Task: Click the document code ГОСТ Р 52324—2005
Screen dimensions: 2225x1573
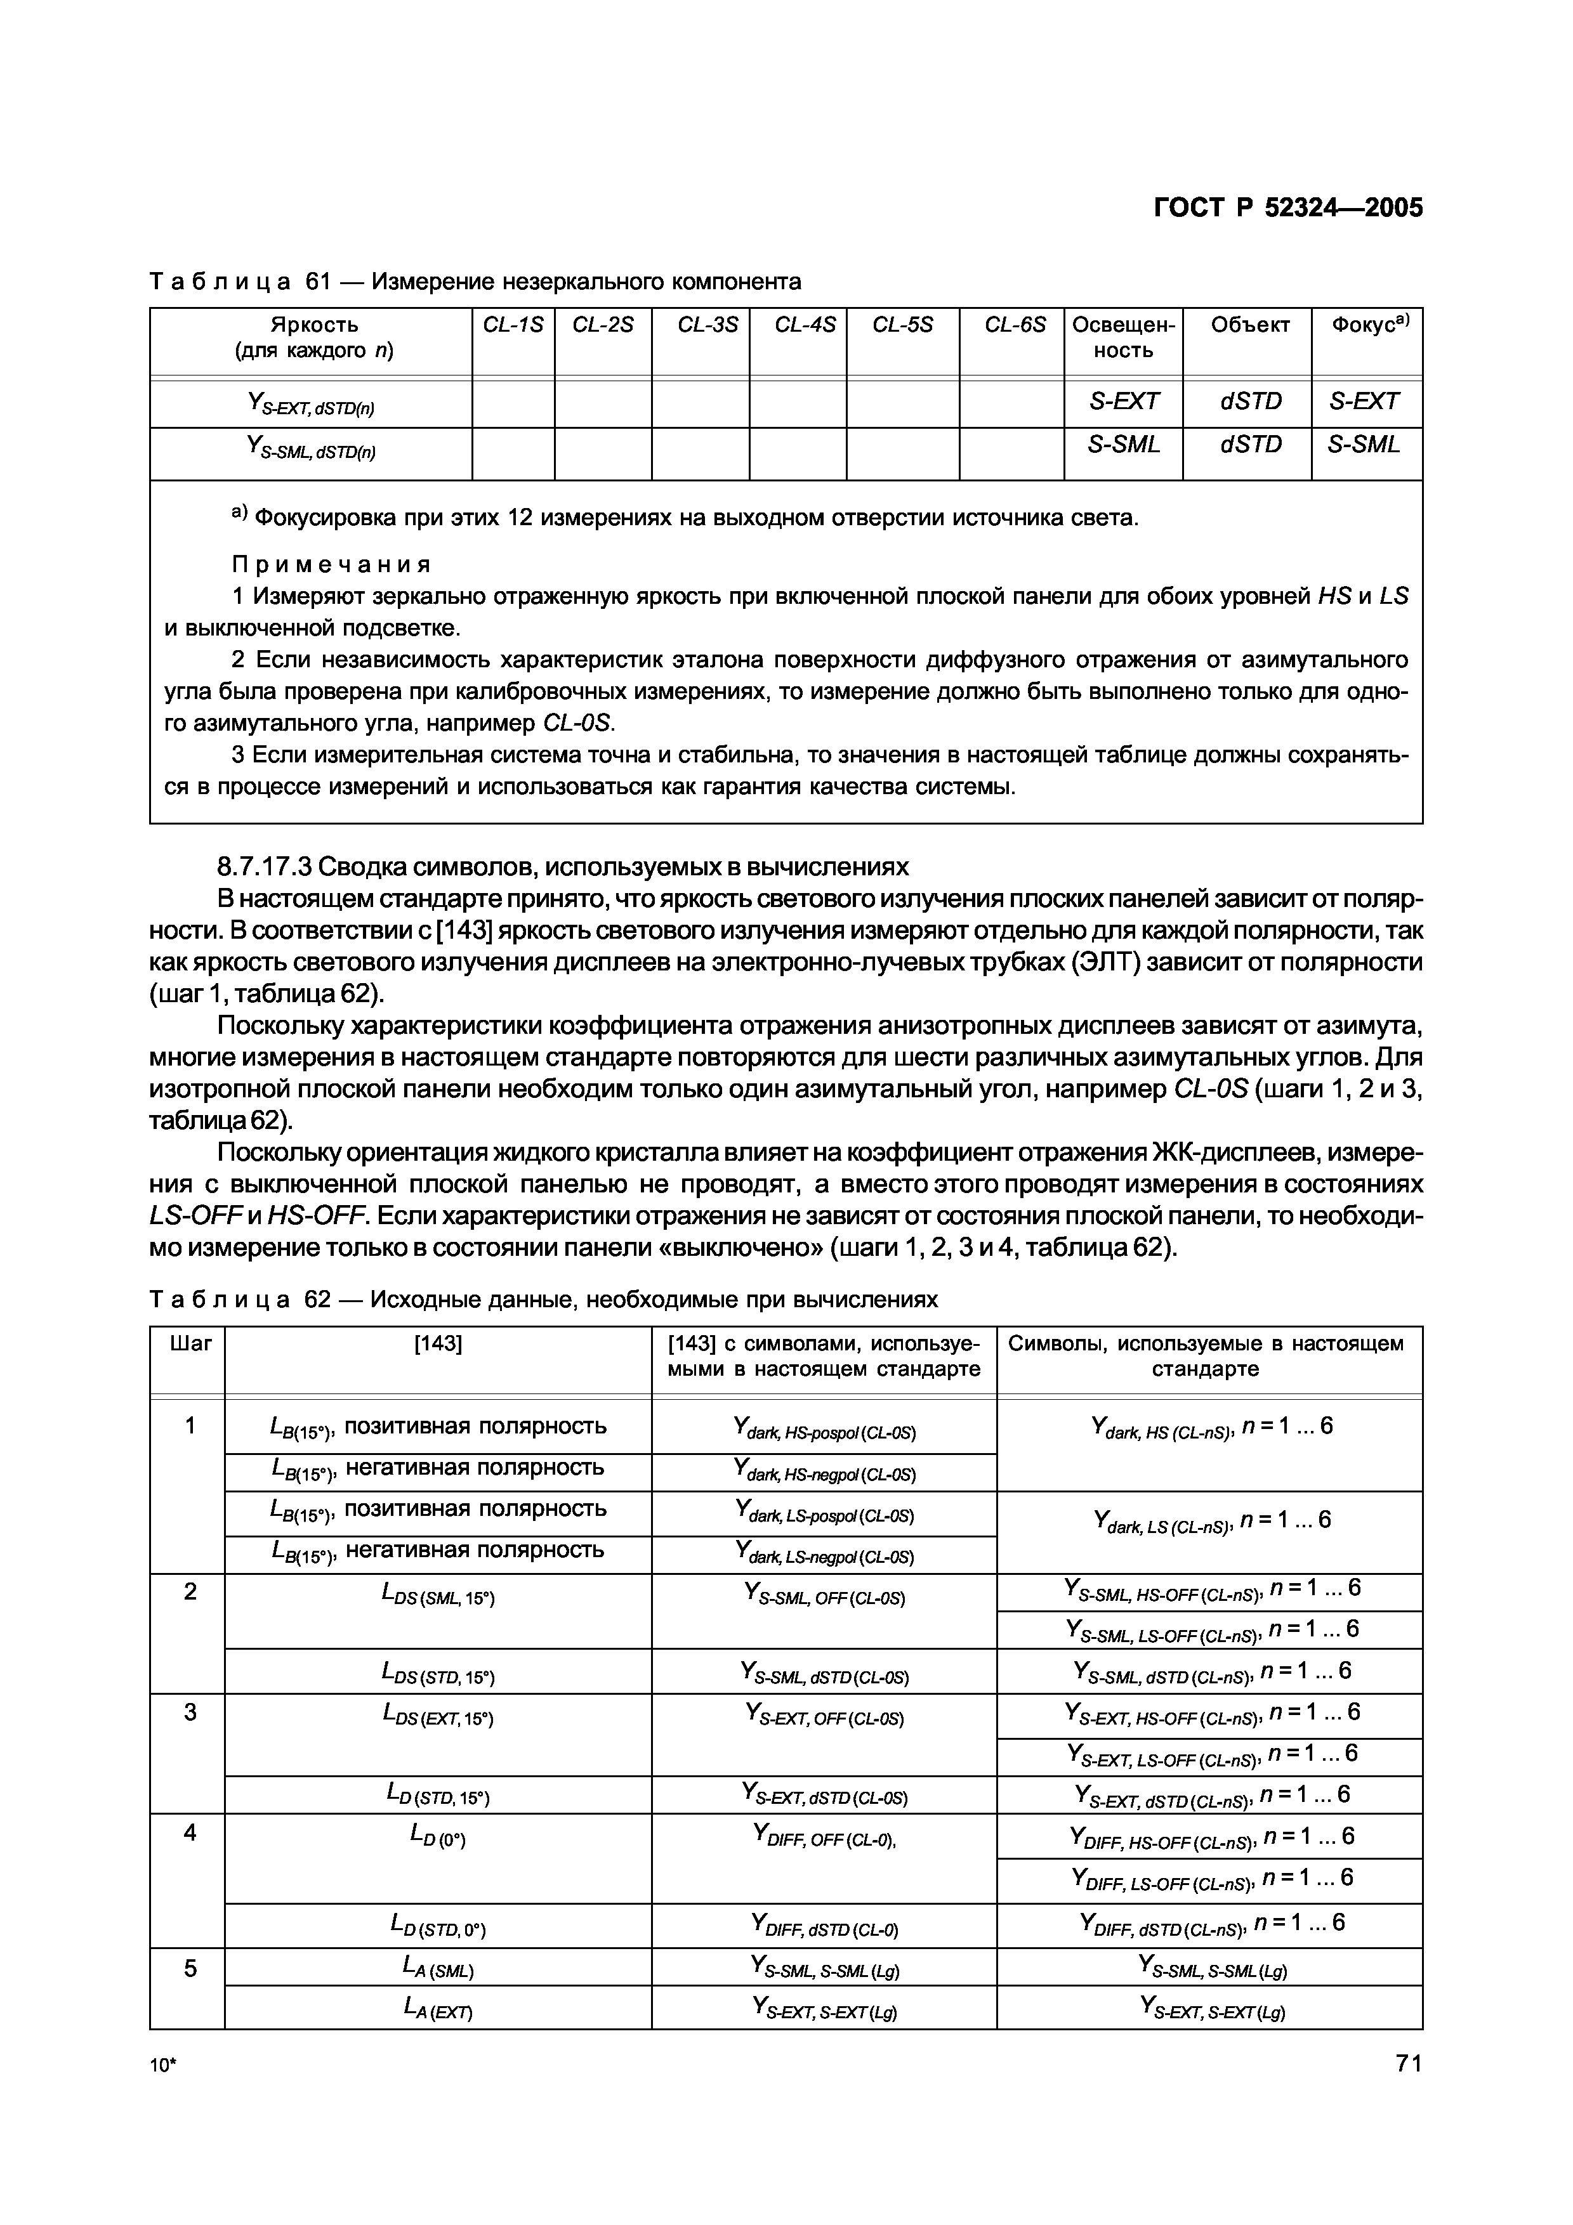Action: (1288, 208)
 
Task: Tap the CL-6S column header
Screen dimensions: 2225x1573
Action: (1015, 325)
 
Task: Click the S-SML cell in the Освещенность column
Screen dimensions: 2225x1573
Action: (1123, 445)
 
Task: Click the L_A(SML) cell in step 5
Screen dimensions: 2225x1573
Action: (438, 1968)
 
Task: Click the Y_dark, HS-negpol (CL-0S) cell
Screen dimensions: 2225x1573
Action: (825, 1473)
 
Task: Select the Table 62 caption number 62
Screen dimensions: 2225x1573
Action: (318, 1300)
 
